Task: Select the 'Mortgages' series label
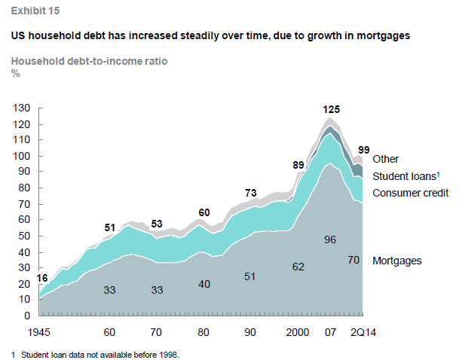pyautogui.click(x=396, y=261)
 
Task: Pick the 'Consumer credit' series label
pyautogui.click(x=411, y=193)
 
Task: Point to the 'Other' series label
pyautogui.click(x=385, y=159)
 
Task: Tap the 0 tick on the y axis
pyautogui.click(x=25, y=316)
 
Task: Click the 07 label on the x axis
pyautogui.click(x=329, y=332)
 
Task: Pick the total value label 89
pyautogui.click(x=298, y=166)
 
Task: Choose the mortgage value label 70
pyautogui.click(x=353, y=261)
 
